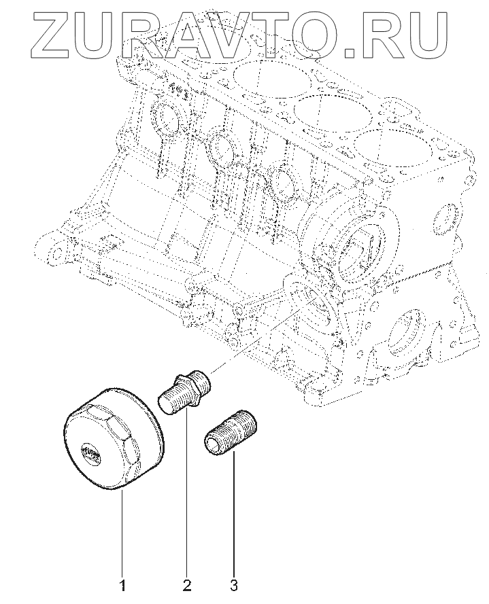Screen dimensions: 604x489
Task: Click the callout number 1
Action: click(123, 584)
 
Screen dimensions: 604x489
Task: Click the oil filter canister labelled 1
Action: click(113, 438)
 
